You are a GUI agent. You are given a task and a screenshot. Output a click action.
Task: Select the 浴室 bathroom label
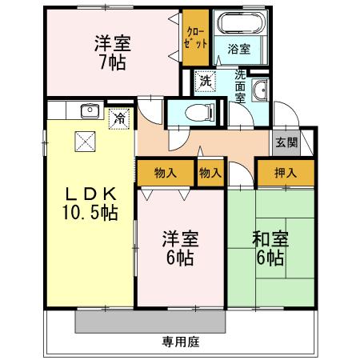click(x=239, y=48)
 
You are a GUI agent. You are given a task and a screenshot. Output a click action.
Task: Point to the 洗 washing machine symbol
click(x=206, y=81)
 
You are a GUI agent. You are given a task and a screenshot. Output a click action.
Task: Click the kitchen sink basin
click(x=88, y=110)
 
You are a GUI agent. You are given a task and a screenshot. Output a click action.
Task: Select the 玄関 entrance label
click(x=286, y=142)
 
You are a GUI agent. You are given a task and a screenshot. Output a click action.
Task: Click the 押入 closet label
click(x=285, y=171)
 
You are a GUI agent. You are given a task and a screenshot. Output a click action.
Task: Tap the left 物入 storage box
click(x=166, y=171)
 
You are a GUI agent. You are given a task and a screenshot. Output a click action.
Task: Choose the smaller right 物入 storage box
click(x=210, y=171)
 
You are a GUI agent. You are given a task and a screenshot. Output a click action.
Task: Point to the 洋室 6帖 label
click(x=180, y=248)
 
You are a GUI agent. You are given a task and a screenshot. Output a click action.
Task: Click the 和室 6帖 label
click(x=270, y=248)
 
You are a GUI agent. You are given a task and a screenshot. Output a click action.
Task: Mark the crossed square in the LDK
click(x=85, y=142)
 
